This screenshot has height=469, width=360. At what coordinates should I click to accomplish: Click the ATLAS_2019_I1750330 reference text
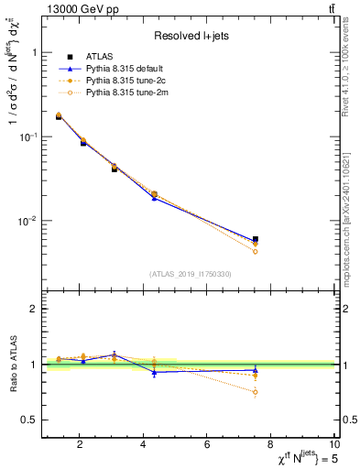point(191,274)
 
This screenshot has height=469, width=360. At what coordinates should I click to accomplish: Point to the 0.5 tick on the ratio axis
point(30,420)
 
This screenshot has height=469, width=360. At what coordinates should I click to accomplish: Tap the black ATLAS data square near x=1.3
point(59,116)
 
